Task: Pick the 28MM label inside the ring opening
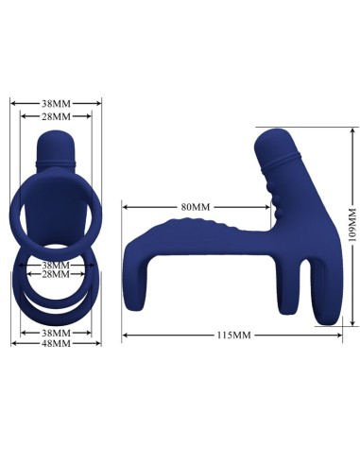[55, 274]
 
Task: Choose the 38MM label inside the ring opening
[55, 265]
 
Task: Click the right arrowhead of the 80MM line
[273, 206]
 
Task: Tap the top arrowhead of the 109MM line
[352, 130]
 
